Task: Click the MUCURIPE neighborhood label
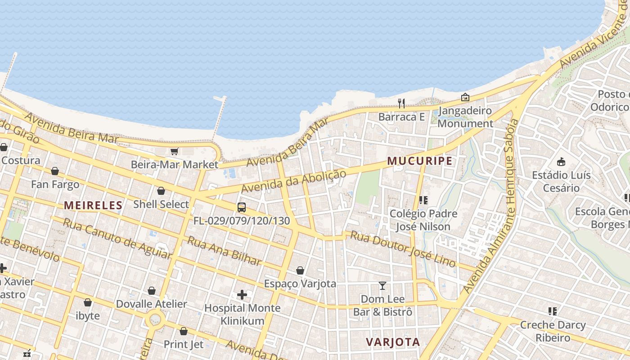[419, 161]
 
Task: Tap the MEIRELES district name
[93, 206]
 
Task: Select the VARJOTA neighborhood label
[393, 342]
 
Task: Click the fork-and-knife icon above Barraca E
[401, 103]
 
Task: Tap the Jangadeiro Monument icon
[465, 97]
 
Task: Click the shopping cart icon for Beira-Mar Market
[175, 152]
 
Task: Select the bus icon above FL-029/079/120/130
[242, 207]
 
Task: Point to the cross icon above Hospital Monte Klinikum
[242, 295]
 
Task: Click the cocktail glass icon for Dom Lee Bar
[382, 285]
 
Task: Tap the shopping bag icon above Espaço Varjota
[300, 270]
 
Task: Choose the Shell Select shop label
[161, 204]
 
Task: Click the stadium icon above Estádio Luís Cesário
[561, 162]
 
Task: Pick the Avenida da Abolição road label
[294, 181]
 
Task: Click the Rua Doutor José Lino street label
[403, 249]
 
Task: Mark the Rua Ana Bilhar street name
[224, 251]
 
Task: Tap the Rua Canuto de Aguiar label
[117, 238]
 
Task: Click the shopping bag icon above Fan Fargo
[55, 171]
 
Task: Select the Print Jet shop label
[184, 344]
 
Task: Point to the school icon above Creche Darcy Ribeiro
[553, 311]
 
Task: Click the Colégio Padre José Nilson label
[423, 220]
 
